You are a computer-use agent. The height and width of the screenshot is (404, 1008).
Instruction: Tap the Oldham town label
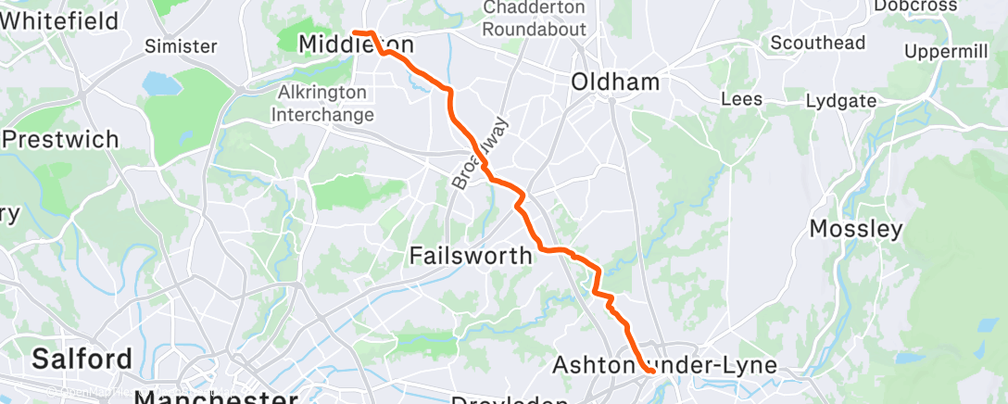pyautogui.click(x=615, y=82)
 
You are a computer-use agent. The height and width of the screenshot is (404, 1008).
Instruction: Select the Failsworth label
pyautogui.click(x=471, y=255)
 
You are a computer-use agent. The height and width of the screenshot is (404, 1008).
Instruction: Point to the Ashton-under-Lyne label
pyautogui.click(x=664, y=365)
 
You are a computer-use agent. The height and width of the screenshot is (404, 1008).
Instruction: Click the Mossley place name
pyautogui.click(x=856, y=229)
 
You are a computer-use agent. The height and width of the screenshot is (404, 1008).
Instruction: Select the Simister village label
pyautogui.click(x=181, y=45)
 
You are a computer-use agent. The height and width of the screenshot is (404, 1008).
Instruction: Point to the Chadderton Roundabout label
pyautogui.click(x=535, y=19)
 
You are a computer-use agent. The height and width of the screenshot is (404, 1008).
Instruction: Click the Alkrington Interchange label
pyautogui.click(x=325, y=104)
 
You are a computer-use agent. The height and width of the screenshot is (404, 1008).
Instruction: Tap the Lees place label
pyautogui.click(x=741, y=99)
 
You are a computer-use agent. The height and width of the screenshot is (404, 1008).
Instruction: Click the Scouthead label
pyautogui.click(x=818, y=43)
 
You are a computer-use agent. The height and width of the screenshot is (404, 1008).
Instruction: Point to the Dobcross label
pyautogui.click(x=939, y=6)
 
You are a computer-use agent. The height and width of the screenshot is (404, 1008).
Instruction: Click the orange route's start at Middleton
pyautogui.click(x=356, y=33)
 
